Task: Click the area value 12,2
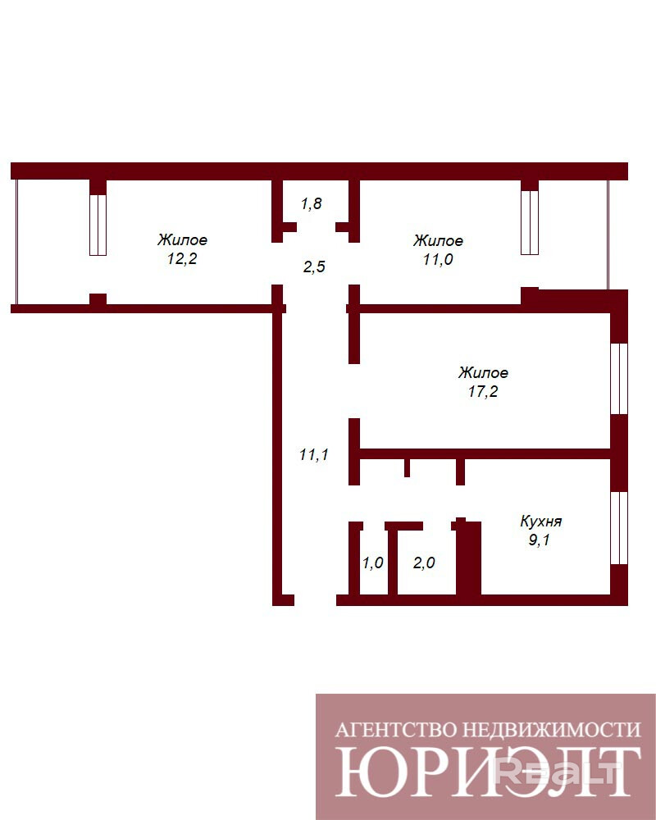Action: coord(182,259)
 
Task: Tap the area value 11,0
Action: coord(438,259)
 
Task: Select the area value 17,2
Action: coord(483,392)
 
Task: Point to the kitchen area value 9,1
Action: coord(539,540)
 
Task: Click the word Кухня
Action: coord(541,522)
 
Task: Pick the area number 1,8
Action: coord(312,203)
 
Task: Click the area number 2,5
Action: coord(314,267)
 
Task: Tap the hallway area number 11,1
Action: coord(314,455)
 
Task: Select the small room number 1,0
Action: coord(373,563)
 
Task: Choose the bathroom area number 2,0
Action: coord(424,563)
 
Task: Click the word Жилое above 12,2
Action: coord(182,240)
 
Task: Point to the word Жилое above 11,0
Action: coord(438,240)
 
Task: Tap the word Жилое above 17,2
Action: coord(483,373)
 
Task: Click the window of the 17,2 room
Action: coord(619,379)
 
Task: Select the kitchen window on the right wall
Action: coord(619,528)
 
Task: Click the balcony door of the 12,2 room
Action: coord(98,225)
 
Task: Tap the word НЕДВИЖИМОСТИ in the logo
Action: coord(553,730)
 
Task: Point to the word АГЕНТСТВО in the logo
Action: coord(396,730)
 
